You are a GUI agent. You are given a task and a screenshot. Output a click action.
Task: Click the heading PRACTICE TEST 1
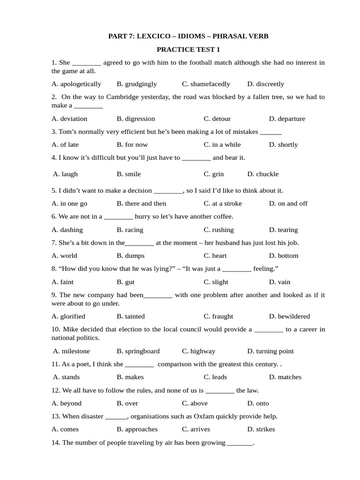188,49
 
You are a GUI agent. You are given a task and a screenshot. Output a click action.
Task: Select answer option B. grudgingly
137,84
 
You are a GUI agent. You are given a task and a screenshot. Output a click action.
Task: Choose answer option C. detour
217,119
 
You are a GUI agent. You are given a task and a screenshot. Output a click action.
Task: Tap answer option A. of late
65,144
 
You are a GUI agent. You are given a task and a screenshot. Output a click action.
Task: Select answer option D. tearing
283,230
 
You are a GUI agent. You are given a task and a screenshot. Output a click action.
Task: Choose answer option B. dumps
131,255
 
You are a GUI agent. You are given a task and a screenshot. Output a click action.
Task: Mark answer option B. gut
126,282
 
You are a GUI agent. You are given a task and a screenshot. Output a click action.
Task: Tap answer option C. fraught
218,316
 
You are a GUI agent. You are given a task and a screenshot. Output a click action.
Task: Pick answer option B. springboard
138,351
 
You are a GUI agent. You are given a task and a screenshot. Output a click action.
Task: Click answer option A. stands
67,377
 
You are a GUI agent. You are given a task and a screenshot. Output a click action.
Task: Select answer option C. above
195,403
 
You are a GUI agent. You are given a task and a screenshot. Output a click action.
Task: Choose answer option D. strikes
261,429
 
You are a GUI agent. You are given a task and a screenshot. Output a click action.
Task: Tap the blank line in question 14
240,443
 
